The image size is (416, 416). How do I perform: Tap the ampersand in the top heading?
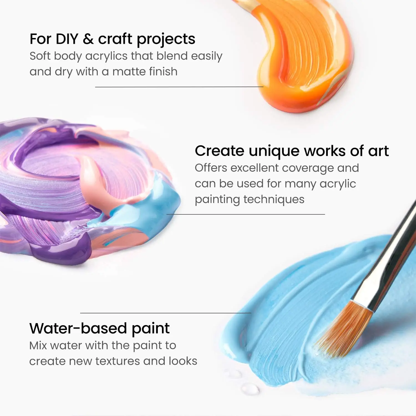point(88,39)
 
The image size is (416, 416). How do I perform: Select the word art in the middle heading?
point(378,151)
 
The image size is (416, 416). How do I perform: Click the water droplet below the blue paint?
point(250,389)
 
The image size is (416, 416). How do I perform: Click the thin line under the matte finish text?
point(179,87)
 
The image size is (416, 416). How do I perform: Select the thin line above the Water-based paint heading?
point(165,313)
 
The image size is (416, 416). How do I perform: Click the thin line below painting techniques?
point(245,214)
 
